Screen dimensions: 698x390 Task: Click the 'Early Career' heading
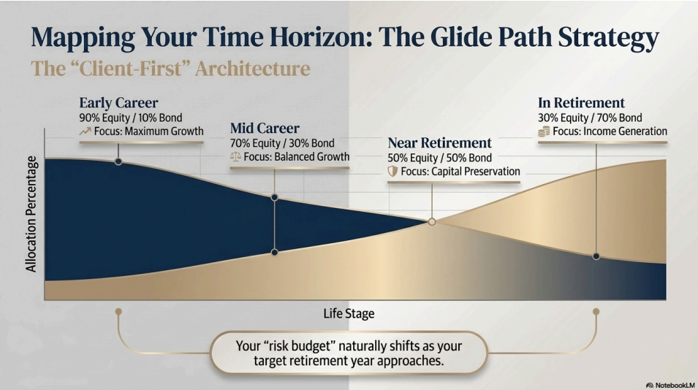click(x=118, y=103)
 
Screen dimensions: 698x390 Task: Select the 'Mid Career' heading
click(x=265, y=128)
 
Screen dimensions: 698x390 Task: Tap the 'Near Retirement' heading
click(x=439, y=142)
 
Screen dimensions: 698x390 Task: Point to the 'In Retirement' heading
click(x=581, y=103)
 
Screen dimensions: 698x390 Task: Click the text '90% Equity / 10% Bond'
click(x=131, y=118)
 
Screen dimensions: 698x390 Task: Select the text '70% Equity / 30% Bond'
click(x=282, y=143)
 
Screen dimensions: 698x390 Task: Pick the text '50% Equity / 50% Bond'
click(x=440, y=158)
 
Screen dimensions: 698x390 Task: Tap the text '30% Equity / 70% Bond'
click(x=590, y=118)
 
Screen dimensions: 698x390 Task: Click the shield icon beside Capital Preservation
click(x=392, y=172)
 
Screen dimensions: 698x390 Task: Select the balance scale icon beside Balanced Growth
click(x=235, y=156)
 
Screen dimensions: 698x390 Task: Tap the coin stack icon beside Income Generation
click(x=544, y=131)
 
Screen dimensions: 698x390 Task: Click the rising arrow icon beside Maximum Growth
click(x=85, y=131)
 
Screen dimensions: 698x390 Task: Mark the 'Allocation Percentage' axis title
click(x=31, y=214)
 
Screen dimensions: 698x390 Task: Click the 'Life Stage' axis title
click(x=349, y=313)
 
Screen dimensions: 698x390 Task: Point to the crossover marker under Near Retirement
click(x=432, y=221)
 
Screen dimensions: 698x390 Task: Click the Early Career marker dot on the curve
click(x=118, y=161)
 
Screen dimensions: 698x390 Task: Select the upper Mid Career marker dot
click(x=275, y=197)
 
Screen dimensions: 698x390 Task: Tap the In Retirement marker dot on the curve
click(x=596, y=256)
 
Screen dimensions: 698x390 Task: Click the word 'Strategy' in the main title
click(x=609, y=38)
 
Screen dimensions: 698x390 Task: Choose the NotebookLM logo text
click(x=675, y=385)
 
